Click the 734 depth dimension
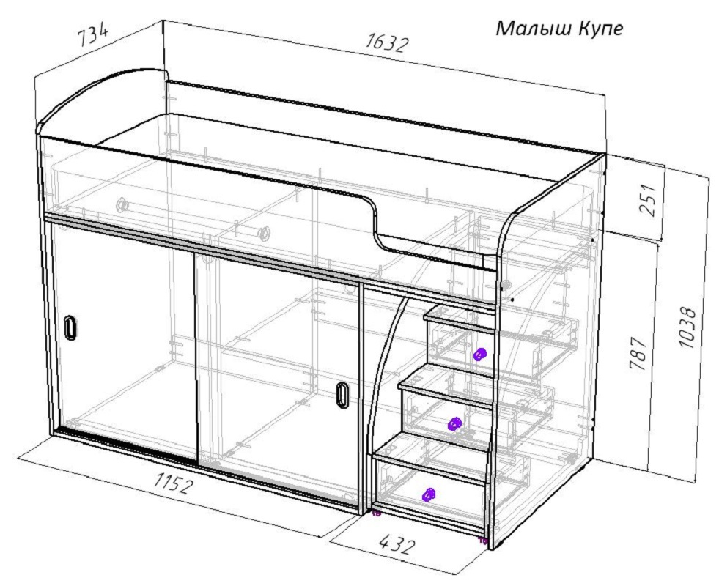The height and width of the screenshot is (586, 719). coord(93,35)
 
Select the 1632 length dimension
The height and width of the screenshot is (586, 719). coord(386,43)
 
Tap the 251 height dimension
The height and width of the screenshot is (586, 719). coord(649,200)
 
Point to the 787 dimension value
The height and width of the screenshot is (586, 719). coord(638,354)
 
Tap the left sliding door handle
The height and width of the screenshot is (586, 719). coord(70,328)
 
